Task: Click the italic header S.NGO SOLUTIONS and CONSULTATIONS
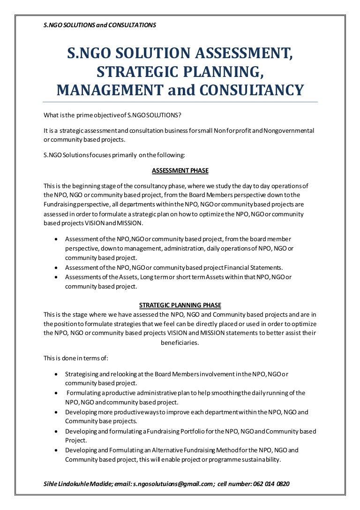99,25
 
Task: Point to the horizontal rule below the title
180,102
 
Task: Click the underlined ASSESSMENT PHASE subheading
180,170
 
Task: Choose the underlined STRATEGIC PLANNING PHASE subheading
180,305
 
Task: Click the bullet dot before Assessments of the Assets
56,277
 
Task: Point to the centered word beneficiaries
180,343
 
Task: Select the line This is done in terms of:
75,358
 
